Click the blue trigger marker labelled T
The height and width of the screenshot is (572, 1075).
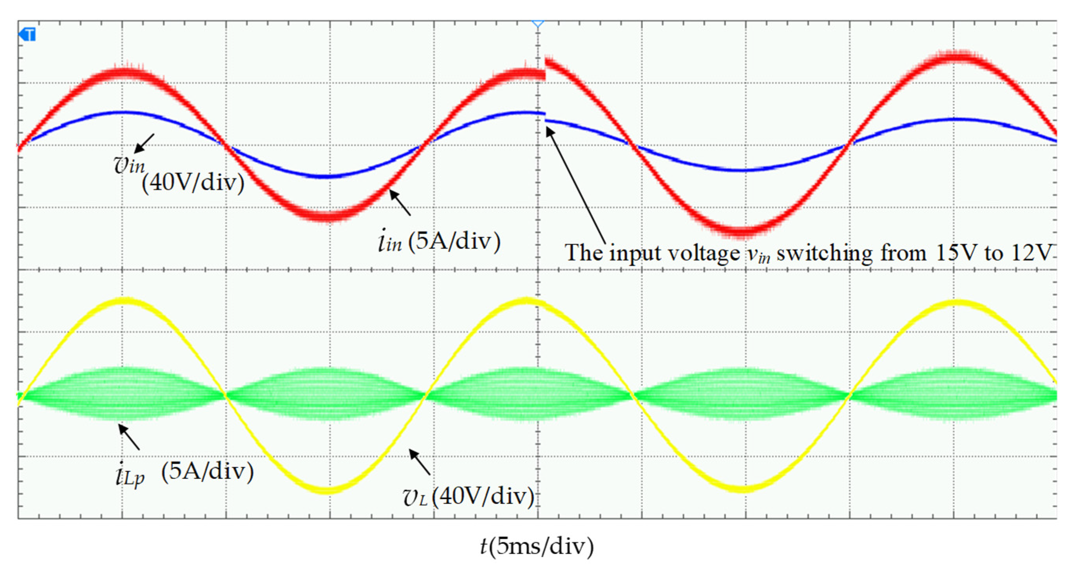(x=27, y=34)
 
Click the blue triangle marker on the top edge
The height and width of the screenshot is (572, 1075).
(x=538, y=24)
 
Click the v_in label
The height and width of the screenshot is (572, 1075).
(x=129, y=165)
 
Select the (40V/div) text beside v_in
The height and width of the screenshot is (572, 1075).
(x=193, y=182)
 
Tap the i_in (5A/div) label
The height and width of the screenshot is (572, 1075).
(x=438, y=241)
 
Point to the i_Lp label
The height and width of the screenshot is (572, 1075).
(x=130, y=475)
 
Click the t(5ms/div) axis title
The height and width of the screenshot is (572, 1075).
(x=537, y=546)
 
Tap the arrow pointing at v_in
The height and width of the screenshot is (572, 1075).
(x=145, y=144)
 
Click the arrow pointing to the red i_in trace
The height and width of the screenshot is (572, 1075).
(x=400, y=202)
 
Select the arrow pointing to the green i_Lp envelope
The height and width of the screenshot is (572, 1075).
(x=129, y=437)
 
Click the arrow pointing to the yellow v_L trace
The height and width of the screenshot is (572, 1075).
(x=420, y=462)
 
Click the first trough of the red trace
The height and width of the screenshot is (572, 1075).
(x=328, y=216)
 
